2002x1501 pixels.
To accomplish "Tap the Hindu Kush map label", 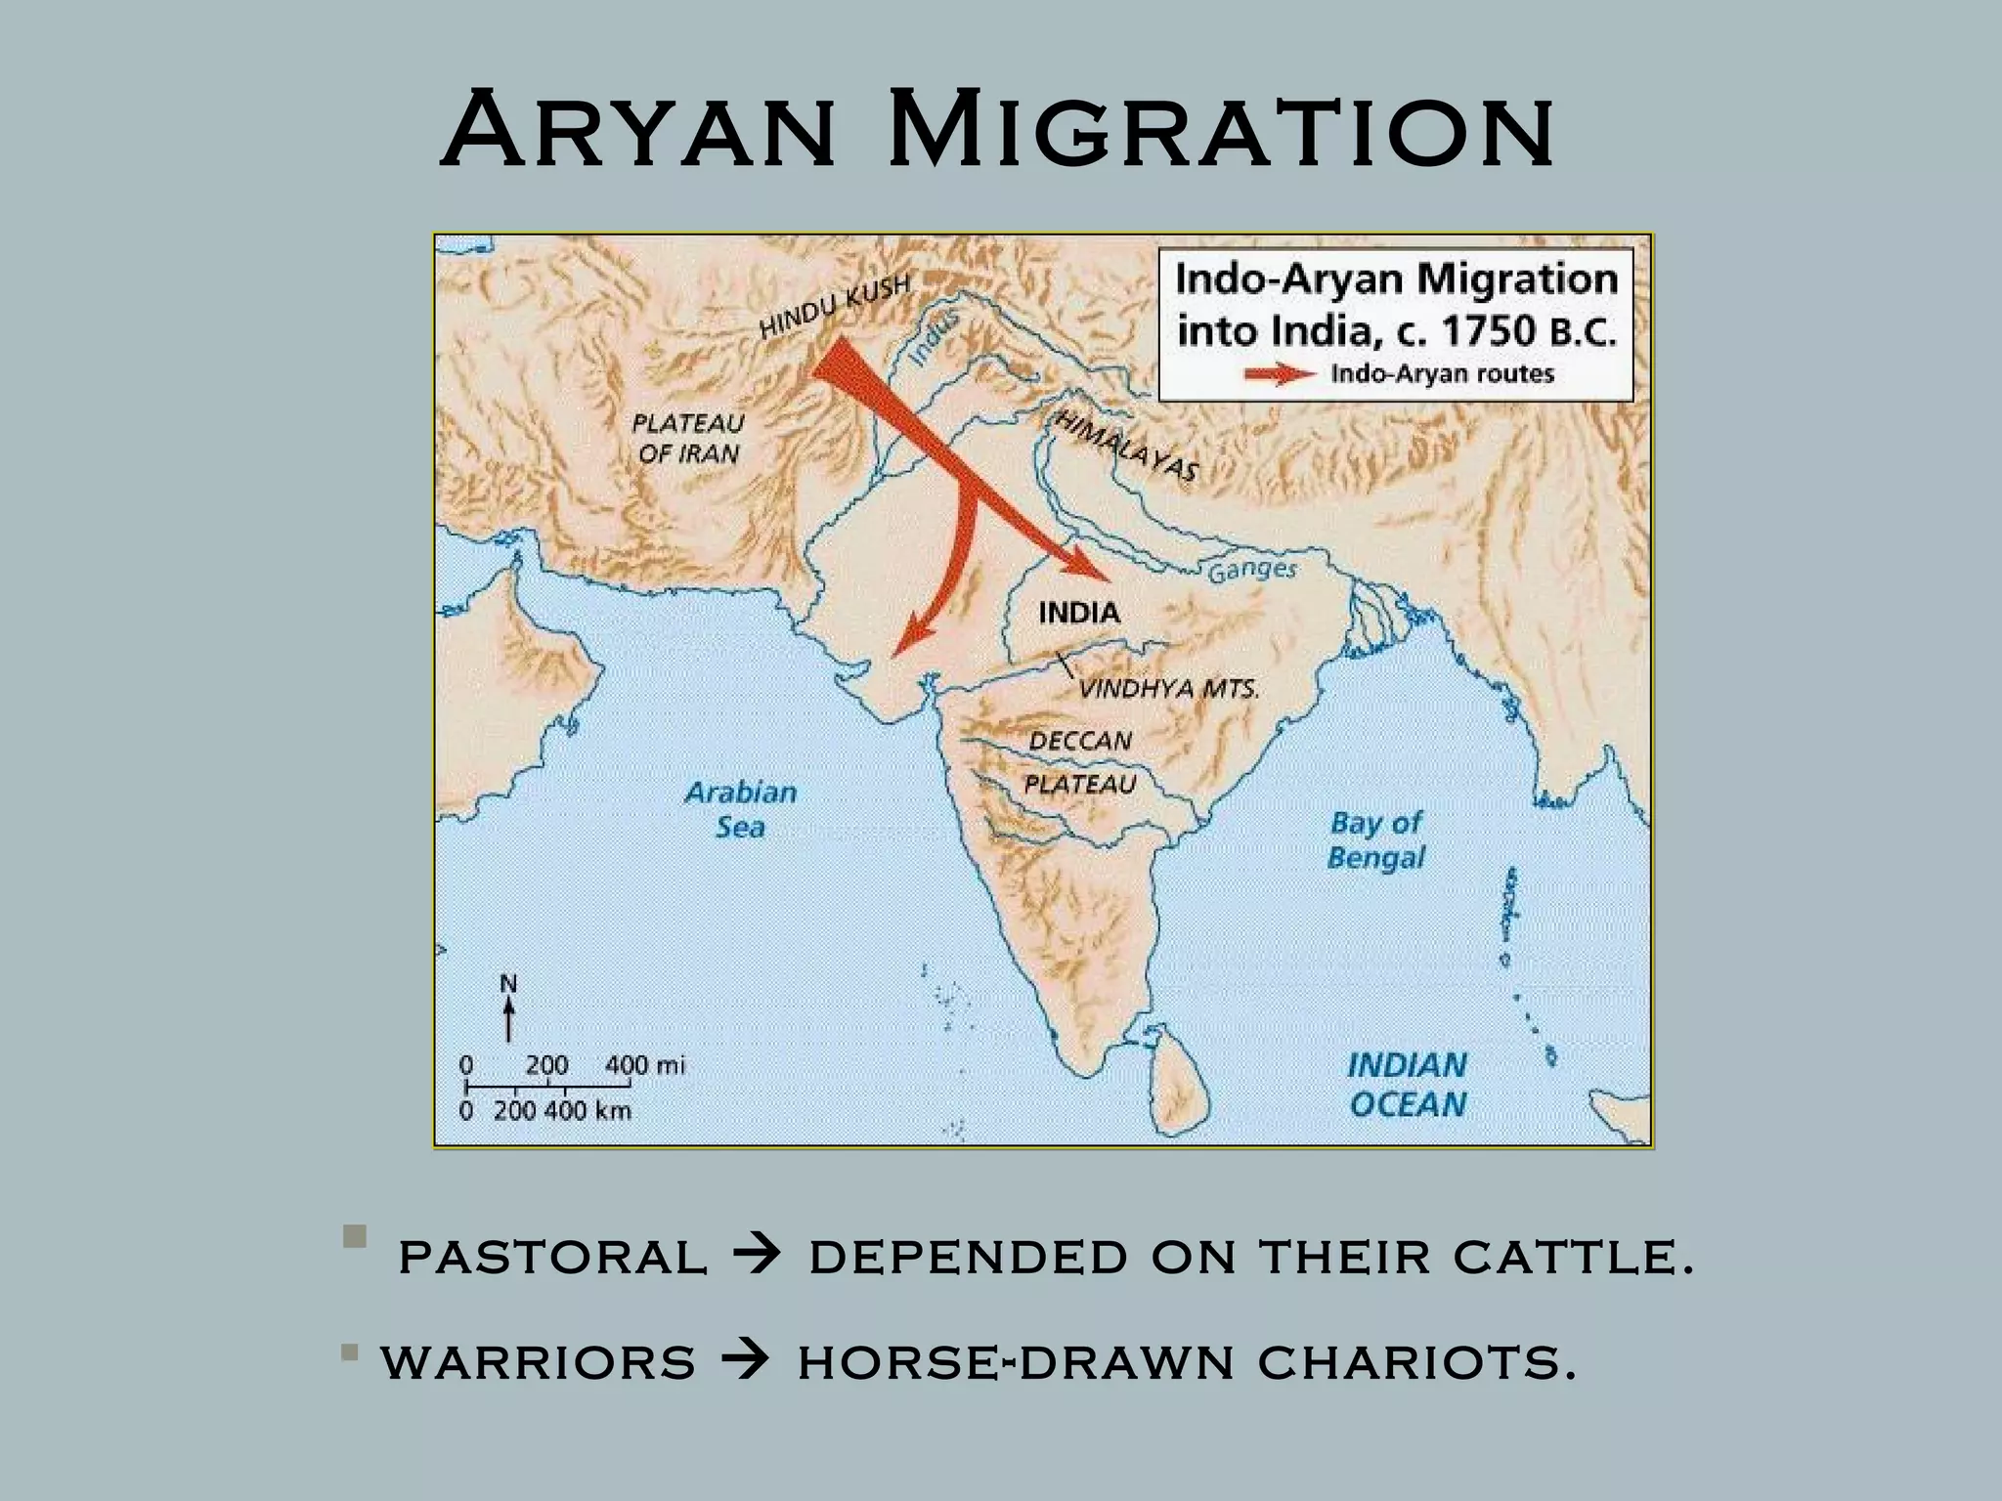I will (835, 304).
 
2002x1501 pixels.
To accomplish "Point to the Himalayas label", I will (1125, 445).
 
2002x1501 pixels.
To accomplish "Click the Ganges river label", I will (1252, 571).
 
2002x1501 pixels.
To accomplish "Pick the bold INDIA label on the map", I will (1078, 613).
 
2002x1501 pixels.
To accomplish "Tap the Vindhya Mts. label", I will (1168, 689).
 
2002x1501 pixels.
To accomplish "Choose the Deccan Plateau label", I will (1080, 762).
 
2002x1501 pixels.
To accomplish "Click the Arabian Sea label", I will (741, 809).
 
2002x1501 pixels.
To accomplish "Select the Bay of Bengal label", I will (1375, 840).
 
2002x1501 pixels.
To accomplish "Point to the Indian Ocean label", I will (1407, 1084).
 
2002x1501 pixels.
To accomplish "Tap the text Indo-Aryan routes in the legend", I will (1443, 374).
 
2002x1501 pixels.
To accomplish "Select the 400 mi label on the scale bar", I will (644, 1065).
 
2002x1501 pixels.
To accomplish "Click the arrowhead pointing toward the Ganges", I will (1095, 567).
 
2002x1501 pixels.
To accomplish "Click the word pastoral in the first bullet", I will (552, 1257).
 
